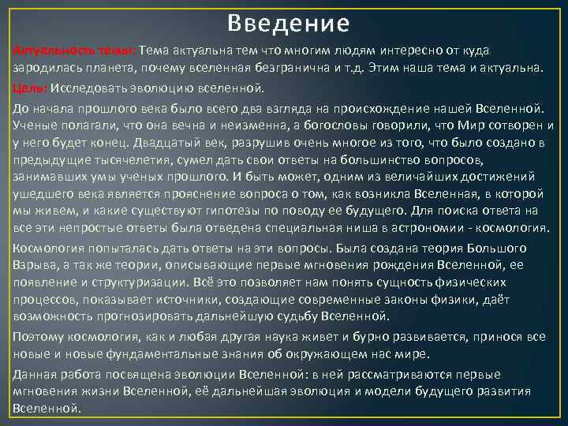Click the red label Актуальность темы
point(74,51)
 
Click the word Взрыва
point(34,265)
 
